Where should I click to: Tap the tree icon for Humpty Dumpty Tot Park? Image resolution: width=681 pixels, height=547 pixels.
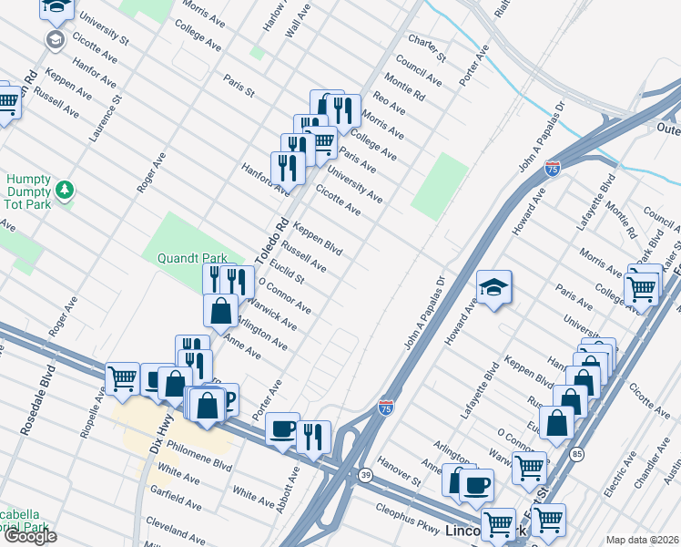[x=64, y=190]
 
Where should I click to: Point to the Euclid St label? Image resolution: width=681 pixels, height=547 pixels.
[x=285, y=269]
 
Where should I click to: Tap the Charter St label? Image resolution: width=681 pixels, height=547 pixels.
[x=426, y=49]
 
